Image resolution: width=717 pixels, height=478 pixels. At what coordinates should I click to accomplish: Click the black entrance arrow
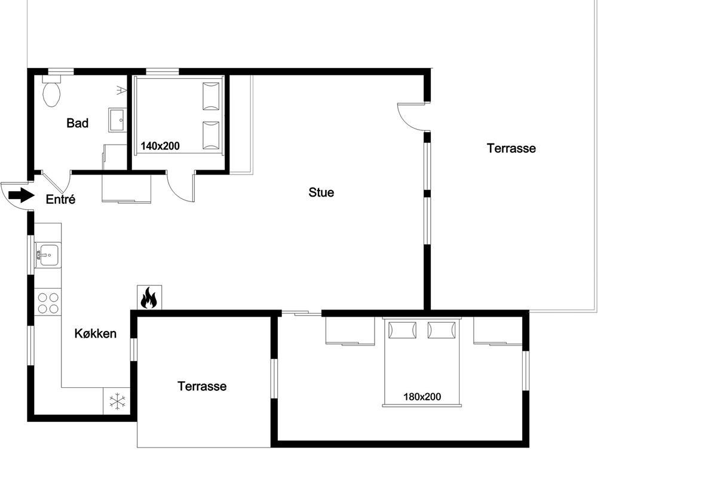coord(22,195)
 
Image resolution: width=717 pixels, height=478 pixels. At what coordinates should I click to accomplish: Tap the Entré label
coord(60,199)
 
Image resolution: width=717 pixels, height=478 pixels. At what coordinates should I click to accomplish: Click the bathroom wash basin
coord(118,119)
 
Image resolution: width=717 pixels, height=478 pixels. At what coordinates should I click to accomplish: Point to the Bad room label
coord(77,123)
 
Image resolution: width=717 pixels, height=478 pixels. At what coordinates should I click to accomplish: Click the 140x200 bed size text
coord(160,146)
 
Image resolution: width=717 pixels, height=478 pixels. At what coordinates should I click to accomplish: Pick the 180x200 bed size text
coord(422,397)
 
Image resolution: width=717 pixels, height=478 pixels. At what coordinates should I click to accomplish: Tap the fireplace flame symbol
coord(149,298)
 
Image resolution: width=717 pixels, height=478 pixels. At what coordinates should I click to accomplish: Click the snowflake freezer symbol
coord(118,401)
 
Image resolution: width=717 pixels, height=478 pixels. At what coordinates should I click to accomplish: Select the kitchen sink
coord(48,255)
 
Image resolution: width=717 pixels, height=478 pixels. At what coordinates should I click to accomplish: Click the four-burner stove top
coord(48,302)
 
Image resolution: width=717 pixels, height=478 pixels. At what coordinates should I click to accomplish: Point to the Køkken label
coord(96,333)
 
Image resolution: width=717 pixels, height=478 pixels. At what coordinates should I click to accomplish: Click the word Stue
coord(321,192)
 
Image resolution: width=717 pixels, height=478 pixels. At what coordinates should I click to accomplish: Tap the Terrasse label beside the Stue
coord(511,148)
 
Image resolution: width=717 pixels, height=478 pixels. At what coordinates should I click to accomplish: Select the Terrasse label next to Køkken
coord(202,386)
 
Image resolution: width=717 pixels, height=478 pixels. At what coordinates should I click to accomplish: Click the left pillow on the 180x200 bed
coord(402,330)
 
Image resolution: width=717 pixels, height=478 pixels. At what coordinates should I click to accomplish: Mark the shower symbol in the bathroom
coord(121,90)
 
